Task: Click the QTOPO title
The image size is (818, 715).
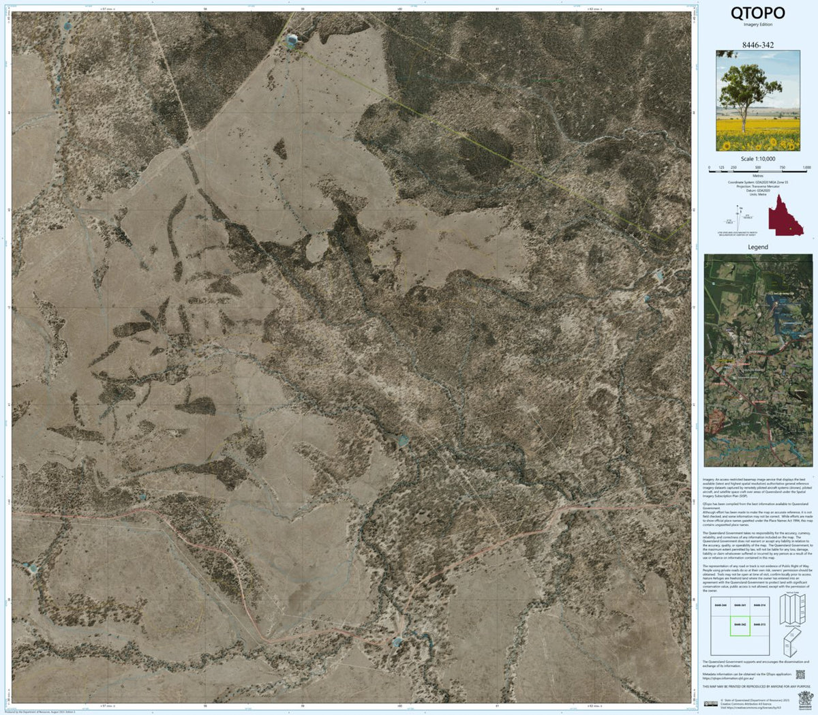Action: pos(757,13)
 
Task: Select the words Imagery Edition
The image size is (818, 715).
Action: pos(757,25)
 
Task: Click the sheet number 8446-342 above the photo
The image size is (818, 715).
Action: pos(757,44)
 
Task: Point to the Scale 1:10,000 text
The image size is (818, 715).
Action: pos(757,159)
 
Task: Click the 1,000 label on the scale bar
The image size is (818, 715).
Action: pos(806,168)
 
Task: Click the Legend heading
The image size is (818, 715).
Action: pos(757,247)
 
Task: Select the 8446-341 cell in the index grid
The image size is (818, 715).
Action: pos(740,605)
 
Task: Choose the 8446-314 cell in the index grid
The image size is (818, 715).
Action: pos(759,605)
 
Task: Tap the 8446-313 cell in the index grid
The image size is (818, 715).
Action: pos(759,624)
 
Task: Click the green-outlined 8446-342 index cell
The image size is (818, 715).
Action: pos(740,624)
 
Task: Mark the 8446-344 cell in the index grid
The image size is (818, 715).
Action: pos(721,605)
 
